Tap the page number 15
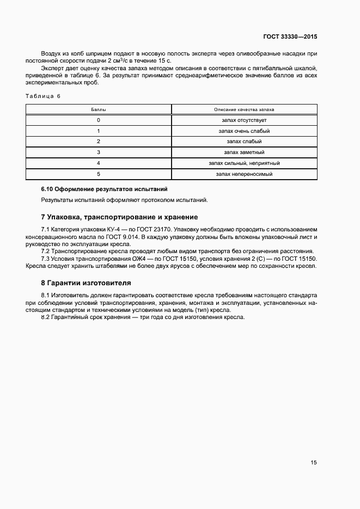click(313, 463)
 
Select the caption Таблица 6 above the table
click(43, 96)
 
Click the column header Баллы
click(99, 109)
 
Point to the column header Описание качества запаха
click(244, 109)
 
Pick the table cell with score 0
click(99, 120)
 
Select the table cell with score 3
click(99, 152)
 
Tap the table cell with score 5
click(99, 174)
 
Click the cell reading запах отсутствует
click(244, 120)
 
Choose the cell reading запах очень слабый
click(244, 131)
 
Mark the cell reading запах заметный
click(244, 152)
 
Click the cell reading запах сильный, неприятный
click(244, 163)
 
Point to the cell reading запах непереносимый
click(244, 174)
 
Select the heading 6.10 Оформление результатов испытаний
click(104, 189)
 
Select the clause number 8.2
click(46, 317)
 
